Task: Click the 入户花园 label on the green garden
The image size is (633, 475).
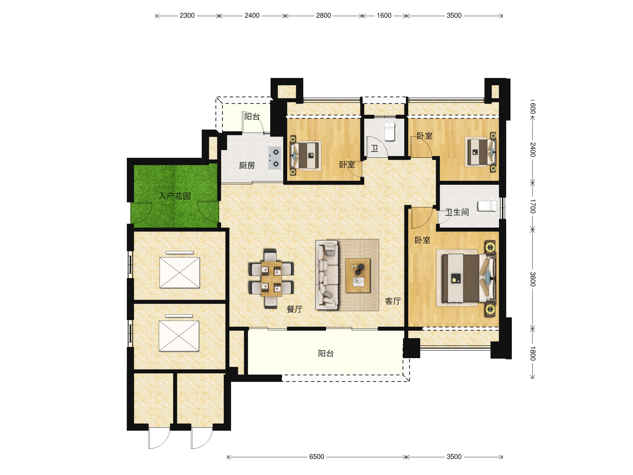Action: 175,196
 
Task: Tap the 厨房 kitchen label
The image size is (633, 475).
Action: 247,165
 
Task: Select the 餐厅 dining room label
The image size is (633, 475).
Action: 294,309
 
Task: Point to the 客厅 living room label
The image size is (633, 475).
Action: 393,301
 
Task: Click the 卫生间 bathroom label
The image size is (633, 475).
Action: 457,212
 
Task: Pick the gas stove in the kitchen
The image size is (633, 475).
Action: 275,158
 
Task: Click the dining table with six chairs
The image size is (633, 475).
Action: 271,279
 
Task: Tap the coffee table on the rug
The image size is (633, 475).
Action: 358,275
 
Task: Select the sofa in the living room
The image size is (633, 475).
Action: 327,275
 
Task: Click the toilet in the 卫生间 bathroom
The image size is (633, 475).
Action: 487,206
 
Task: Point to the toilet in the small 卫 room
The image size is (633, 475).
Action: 390,131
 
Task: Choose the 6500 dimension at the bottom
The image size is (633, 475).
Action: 316,457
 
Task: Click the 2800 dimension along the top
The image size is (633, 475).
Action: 323,16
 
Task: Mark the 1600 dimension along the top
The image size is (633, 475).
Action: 384,16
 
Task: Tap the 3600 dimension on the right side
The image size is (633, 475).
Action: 532,279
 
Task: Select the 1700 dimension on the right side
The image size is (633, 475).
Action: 532,206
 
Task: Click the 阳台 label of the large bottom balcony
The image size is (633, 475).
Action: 326,353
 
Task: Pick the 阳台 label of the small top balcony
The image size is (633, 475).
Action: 252,117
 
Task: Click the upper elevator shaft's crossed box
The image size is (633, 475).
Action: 179,273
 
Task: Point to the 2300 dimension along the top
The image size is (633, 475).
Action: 187,16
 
